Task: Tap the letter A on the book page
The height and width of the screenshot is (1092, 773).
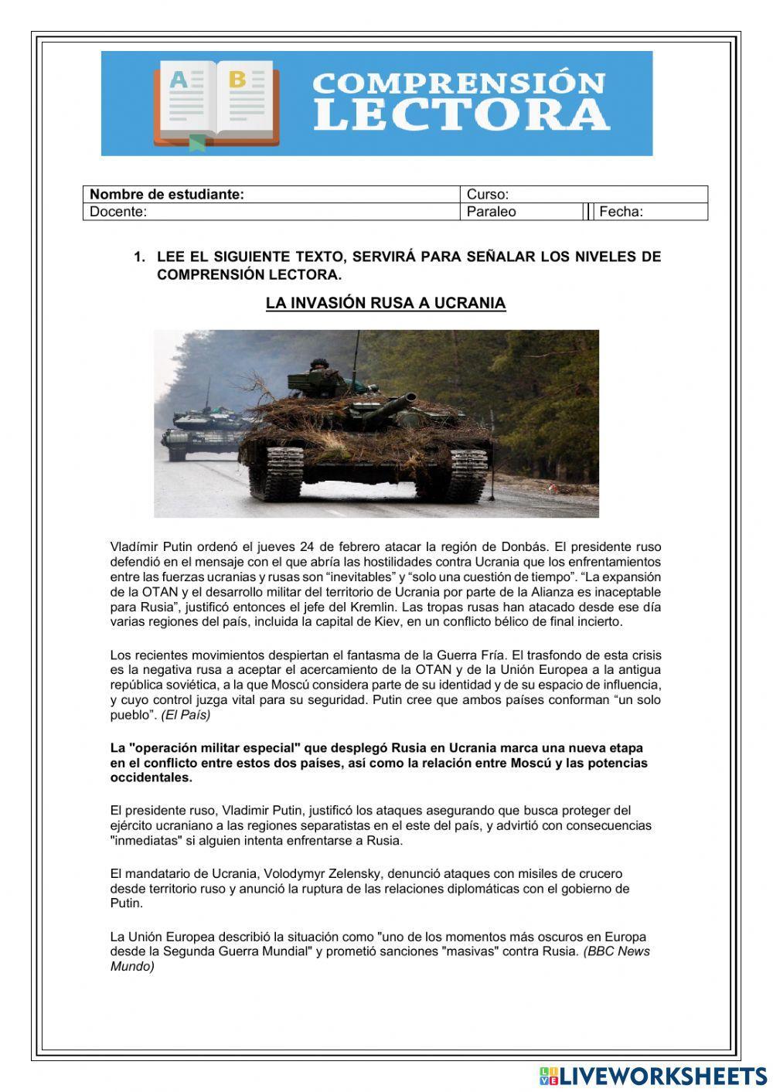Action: point(179,80)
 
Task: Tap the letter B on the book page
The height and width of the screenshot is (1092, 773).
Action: point(237,79)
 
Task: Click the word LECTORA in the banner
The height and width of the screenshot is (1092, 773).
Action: point(461,114)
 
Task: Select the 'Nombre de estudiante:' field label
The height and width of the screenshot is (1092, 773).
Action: point(167,195)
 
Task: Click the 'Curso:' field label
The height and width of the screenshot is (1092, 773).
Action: point(488,195)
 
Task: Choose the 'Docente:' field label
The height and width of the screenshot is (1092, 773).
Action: point(118,212)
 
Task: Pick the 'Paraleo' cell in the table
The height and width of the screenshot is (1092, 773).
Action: point(492,212)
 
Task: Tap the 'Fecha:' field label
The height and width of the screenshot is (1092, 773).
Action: point(621,212)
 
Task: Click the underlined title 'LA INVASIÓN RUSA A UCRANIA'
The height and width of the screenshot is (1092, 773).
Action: point(386,303)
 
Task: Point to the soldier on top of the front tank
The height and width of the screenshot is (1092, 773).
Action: point(318,366)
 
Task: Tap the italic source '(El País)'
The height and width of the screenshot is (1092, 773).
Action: point(186,715)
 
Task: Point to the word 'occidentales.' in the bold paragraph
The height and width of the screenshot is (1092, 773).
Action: point(152,777)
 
